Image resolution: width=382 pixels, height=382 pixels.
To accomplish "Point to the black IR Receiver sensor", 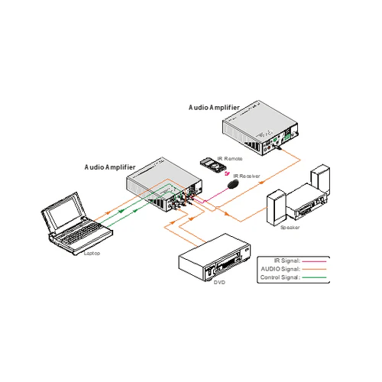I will (x=235, y=184).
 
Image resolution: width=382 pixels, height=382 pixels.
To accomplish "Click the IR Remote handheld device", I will (x=209, y=164).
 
